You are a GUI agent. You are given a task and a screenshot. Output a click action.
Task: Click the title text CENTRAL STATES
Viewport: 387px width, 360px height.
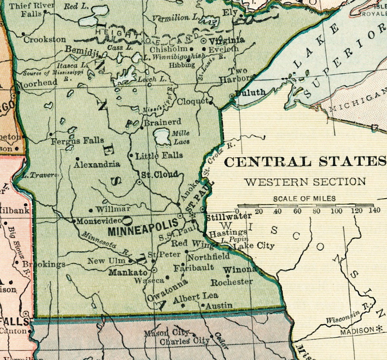tap(305, 162)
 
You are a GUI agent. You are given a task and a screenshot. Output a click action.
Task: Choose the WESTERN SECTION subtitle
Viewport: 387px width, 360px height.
tap(305, 182)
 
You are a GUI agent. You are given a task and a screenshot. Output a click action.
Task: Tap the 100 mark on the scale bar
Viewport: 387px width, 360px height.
tap(336, 211)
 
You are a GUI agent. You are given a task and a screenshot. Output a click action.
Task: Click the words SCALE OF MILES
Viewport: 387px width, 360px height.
tap(304, 199)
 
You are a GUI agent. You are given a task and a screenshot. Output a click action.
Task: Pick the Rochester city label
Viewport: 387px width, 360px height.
tap(231, 282)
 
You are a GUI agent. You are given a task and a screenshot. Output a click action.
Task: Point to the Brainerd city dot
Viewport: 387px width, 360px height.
tap(142, 128)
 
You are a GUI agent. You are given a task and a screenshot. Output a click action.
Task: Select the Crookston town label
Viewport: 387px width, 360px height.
tap(45, 40)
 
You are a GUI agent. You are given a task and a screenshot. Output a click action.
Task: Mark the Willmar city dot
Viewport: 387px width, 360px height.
tap(91, 210)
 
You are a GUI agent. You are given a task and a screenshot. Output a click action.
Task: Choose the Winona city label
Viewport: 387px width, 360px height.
tap(240, 269)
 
